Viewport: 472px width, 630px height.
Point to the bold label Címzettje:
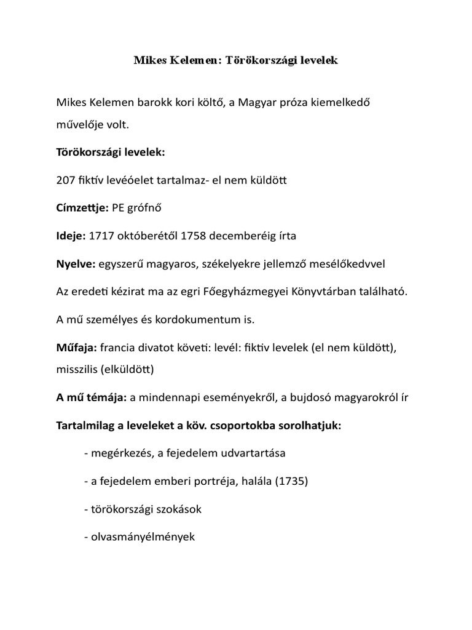click(x=82, y=209)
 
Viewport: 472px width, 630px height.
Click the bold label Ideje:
click(x=71, y=236)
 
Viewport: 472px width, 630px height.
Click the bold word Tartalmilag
click(x=87, y=425)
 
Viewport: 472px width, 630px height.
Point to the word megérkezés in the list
click(x=119, y=453)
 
